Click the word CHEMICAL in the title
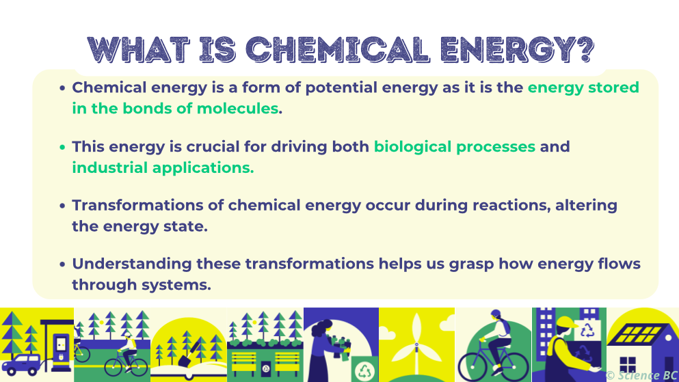pyautogui.click(x=338, y=49)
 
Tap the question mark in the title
pyautogui.click(x=585, y=49)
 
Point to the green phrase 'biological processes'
pyautogui.click(x=455, y=147)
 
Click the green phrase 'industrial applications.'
pyautogui.click(x=163, y=168)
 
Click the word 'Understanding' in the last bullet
pyautogui.click(x=132, y=264)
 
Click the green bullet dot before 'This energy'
pyautogui.click(x=62, y=147)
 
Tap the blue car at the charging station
pyautogui.click(x=21, y=364)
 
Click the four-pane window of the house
pyautogui.click(x=628, y=364)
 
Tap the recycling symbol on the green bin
pyautogui.click(x=364, y=370)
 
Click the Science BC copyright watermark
pyautogui.click(x=642, y=375)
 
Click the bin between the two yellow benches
pyautogui.click(x=266, y=368)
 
